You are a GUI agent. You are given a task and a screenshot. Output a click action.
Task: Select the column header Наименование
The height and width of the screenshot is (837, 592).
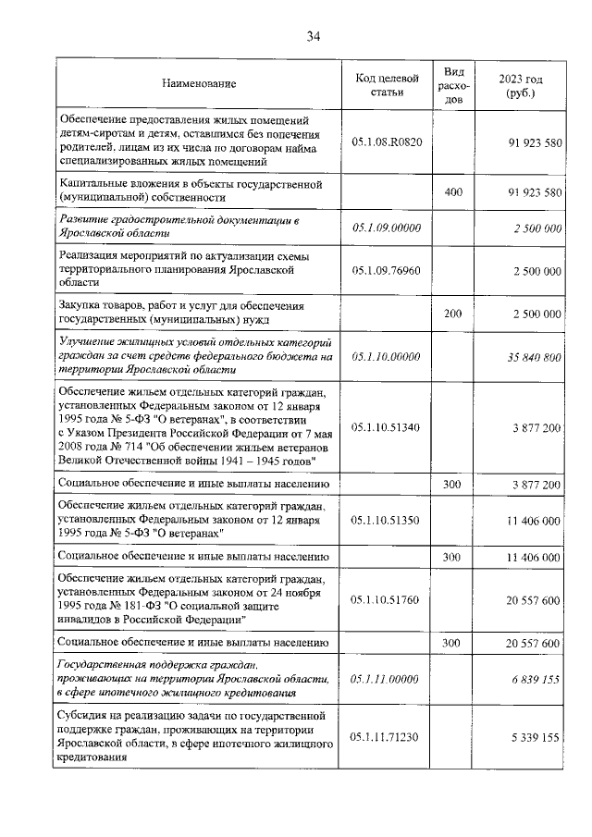tap(199, 84)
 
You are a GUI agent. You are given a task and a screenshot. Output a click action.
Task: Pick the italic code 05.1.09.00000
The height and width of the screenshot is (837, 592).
tap(388, 227)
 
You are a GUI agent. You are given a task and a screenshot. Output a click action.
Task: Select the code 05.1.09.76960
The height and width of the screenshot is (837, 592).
tap(388, 270)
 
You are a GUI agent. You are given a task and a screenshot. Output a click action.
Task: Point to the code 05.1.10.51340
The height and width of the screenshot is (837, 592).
tap(388, 427)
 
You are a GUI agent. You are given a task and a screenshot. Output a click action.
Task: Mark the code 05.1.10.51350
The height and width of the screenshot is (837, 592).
tap(388, 521)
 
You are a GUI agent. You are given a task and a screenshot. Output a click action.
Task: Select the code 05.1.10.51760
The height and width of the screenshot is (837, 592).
tap(388, 599)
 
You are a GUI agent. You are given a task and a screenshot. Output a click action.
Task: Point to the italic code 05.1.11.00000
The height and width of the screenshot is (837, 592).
tap(388, 678)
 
